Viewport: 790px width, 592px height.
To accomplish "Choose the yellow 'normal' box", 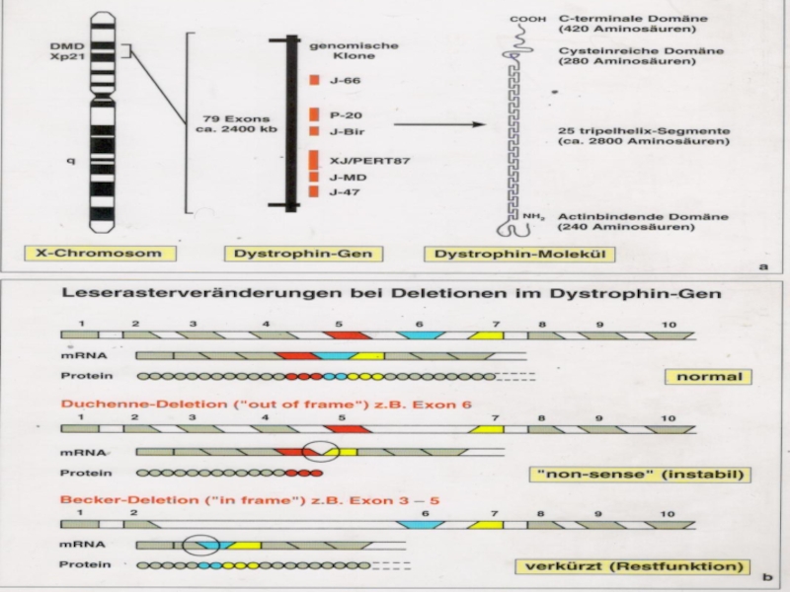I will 707,376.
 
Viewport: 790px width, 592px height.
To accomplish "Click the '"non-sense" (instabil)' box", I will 640,475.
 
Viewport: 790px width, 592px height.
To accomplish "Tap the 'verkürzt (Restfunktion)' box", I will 628,565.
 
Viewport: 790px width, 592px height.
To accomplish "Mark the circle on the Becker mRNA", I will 200,543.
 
